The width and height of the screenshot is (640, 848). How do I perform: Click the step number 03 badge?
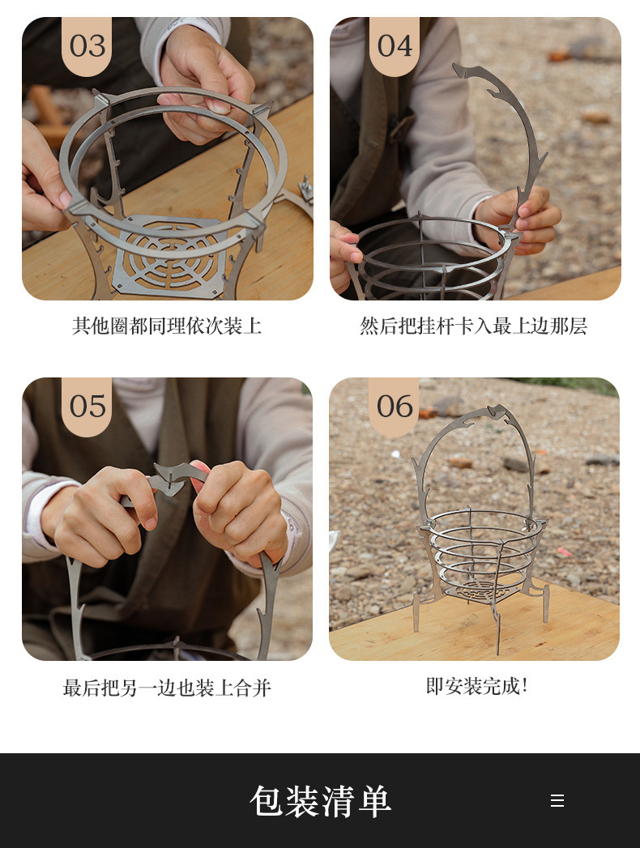(x=87, y=45)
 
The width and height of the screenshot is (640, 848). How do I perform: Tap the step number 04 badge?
(x=395, y=45)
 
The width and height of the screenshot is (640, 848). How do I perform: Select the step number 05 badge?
(x=87, y=406)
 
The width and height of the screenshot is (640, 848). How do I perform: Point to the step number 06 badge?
(x=394, y=406)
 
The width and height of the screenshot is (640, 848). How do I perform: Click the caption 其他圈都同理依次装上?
(x=167, y=326)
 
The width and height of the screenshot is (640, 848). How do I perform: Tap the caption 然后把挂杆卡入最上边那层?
(x=474, y=326)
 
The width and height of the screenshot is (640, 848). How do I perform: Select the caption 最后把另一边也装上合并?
(x=167, y=688)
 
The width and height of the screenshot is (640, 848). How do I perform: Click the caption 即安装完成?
(x=476, y=686)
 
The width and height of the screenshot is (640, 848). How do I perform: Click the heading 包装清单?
(x=320, y=801)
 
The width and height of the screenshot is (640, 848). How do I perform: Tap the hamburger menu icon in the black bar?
(x=557, y=800)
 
